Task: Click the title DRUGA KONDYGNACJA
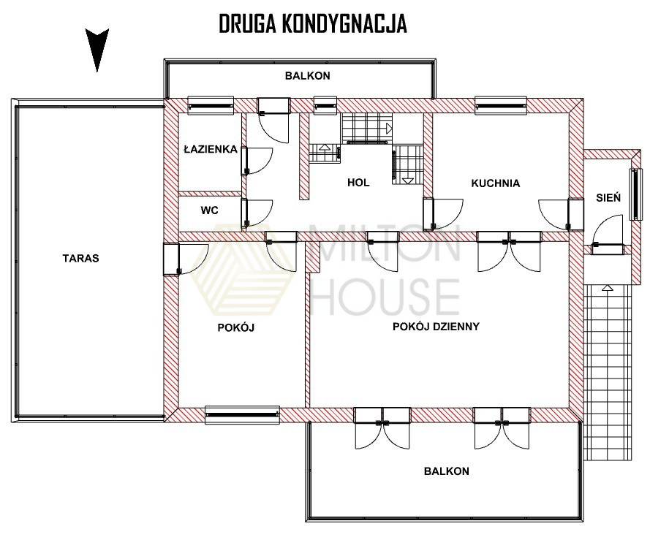[x=313, y=23]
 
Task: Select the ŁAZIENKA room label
[x=211, y=149]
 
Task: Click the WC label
[x=209, y=210]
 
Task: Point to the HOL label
[x=358, y=183]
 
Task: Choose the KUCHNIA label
[x=496, y=183]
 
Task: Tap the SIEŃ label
[x=608, y=197]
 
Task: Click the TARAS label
[x=81, y=259]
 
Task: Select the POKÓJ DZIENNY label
[x=436, y=327]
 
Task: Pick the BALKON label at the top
[x=308, y=76]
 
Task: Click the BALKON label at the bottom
[x=447, y=471]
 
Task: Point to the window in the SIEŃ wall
[x=634, y=194]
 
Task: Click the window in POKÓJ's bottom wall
[x=242, y=414]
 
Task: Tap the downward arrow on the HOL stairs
[x=408, y=180]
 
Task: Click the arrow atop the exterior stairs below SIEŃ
[x=608, y=288]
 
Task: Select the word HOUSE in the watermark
[x=385, y=297]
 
